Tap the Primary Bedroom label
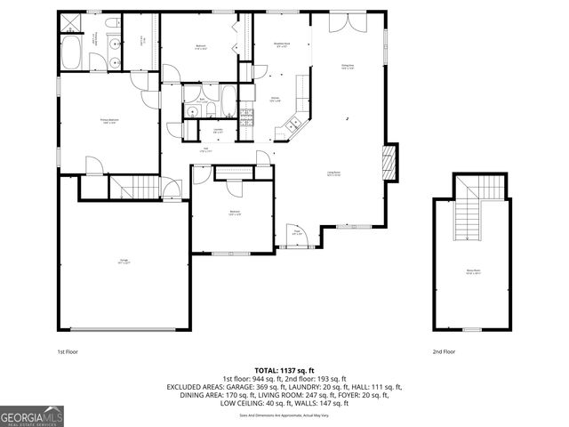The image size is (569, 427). pos(109,123)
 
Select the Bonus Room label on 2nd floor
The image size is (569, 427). pos(472,273)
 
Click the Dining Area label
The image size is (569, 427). pos(349,65)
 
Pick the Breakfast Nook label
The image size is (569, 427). pos(282,44)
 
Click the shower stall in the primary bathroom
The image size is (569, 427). pos(70,22)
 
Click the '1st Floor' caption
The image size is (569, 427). pos(68,352)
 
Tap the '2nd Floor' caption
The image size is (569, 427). pos(444,352)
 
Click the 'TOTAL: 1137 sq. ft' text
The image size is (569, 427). pos(284,370)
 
